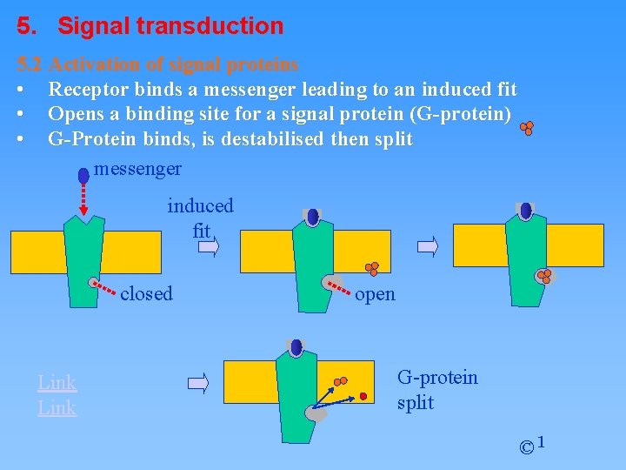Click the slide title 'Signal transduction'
[170, 26]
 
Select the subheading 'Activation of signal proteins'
[174, 64]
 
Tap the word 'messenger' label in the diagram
[137, 168]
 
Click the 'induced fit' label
[201, 218]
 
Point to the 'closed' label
[146, 293]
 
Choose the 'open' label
[375, 294]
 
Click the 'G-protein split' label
[436, 389]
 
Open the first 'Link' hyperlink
[57, 382]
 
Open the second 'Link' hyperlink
[57, 407]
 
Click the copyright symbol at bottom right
[526, 447]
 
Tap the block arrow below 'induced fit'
[207, 247]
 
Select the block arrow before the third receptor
[428, 247]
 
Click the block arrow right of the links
[199, 382]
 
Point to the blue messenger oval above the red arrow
[83, 175]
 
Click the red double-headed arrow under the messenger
[83, 201]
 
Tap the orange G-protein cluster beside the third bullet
[527, 129]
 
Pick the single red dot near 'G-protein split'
[365, 398]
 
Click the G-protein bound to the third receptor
[544, 276]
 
